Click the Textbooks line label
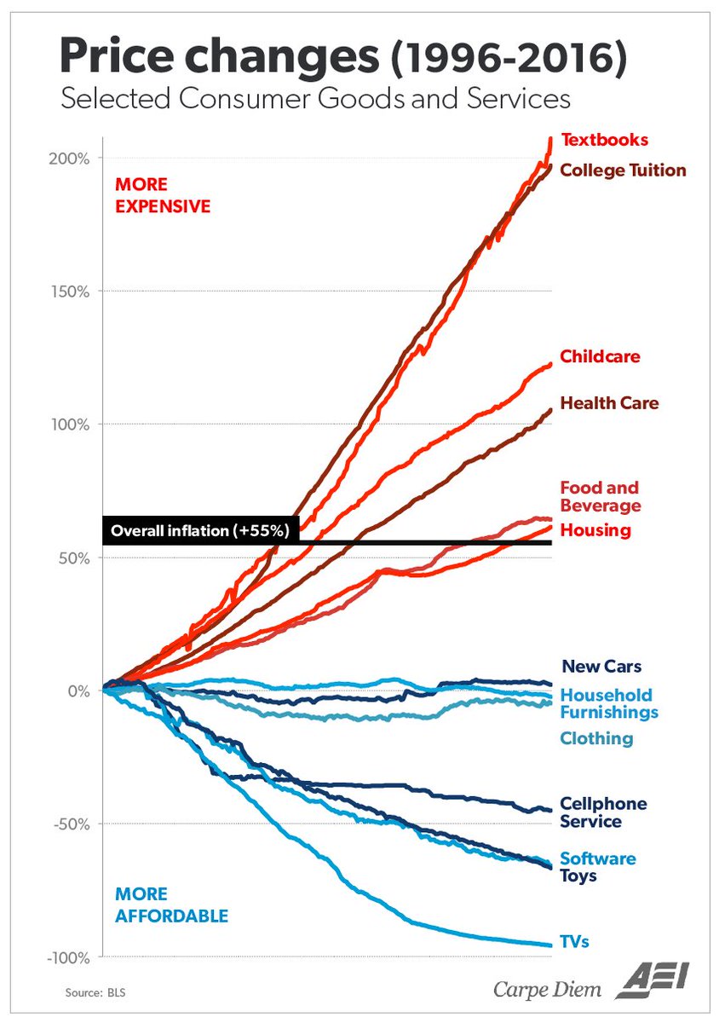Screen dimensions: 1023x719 (604, 140)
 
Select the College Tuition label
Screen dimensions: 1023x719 (623, 170)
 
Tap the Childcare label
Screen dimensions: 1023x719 (600, 356)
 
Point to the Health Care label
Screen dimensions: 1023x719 (609, 402)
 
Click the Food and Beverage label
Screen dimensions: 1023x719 (600, 497)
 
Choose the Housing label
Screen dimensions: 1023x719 (595, 530)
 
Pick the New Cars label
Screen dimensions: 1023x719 (601, 667)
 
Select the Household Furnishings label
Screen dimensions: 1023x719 (608, 703)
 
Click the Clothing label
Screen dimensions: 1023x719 (596, 738)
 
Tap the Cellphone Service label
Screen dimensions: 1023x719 (603, 812)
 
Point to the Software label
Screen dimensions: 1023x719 (597, 858)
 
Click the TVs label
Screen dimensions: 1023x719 (574, 942)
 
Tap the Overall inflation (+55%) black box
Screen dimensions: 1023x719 (201, 530)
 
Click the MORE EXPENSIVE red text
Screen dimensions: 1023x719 (163, 195)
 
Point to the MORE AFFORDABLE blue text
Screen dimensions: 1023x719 (171, 905)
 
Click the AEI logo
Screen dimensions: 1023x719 (652, 980)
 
